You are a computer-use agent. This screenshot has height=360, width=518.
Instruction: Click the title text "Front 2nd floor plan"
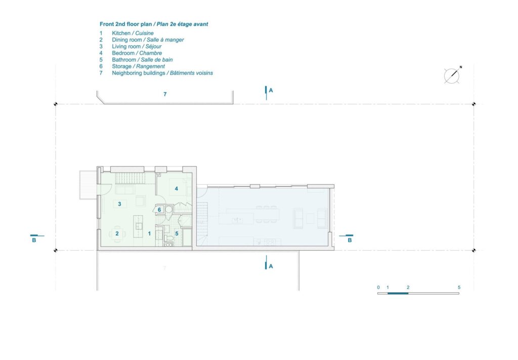click(x=125, y=24)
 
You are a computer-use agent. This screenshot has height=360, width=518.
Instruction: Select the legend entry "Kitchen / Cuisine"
click(x=133, y=33)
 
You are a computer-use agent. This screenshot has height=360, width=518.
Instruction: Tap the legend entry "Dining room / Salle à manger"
click(x=148, y=39)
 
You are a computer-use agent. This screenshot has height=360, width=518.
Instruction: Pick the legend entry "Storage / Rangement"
click(x=138, y=66)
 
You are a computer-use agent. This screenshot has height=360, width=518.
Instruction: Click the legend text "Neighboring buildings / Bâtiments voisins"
click(x=162, y=73)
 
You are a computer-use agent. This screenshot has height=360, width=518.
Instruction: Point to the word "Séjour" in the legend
click(x=153, y=46)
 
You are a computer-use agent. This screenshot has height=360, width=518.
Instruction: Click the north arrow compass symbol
click(x=452, y=75)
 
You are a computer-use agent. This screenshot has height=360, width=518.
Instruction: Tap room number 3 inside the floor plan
click(x=119, y=204)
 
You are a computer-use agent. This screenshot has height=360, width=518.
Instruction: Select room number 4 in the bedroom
click(x=177, y=188)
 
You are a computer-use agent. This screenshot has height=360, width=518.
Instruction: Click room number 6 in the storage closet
click(x=159, y=210)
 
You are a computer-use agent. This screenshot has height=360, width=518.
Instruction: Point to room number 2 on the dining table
click(x=117, y=234)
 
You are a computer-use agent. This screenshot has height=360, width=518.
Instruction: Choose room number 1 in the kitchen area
click(x=149, y=234)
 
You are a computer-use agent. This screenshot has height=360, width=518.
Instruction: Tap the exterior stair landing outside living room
click(x=88, y=185)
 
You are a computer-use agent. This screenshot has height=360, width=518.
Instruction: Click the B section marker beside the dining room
click(x=35, y=238)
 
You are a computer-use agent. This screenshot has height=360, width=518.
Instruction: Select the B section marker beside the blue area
click(x=348, y=238)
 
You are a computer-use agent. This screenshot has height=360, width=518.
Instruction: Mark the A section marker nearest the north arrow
click(x=269, y=93)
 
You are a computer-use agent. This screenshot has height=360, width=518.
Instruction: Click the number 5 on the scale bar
click(x=459, y=287)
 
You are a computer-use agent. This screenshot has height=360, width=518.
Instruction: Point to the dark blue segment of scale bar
click(x=398, y=293)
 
